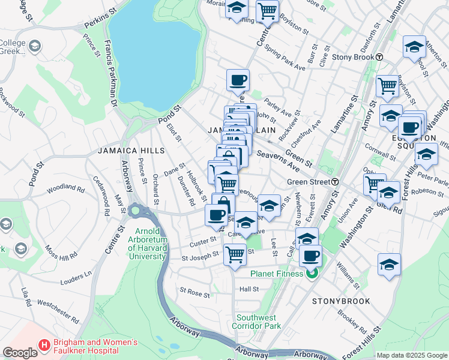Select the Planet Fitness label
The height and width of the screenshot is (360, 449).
coord(278,275)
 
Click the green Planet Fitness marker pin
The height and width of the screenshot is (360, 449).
coord(312,275)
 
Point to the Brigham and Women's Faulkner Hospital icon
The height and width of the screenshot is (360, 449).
coord(44,346)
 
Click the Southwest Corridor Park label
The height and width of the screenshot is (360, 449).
coord(258,322)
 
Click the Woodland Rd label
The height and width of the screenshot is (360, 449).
coord(60,187)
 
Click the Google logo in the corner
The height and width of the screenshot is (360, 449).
coord(20,352)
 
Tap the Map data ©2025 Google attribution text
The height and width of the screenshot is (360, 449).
coord(411,355)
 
